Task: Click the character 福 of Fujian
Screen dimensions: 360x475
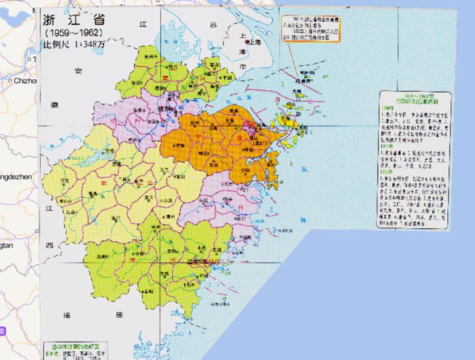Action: [67, 315]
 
